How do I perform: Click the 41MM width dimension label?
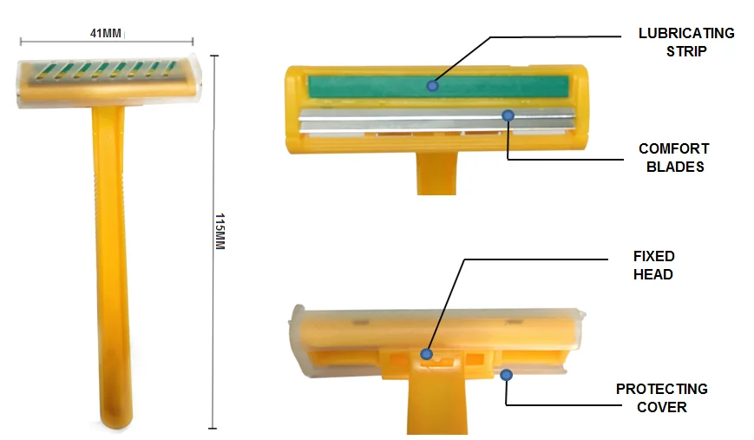(106, 33)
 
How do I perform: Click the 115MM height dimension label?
(220, 232)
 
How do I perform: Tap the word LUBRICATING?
(686, 33)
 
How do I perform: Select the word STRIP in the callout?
(686, 51)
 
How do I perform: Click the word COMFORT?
(673, 148)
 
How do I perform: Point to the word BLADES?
(675, 167)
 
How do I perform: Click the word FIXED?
(653, 256)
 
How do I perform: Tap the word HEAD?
(653, 274)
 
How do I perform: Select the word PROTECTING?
(662, 389)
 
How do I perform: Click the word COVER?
(662, 407)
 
